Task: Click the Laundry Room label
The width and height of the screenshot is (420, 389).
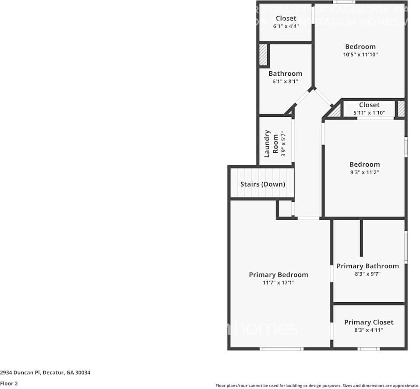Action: point(271,144)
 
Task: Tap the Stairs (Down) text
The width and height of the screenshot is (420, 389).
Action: point(262,184)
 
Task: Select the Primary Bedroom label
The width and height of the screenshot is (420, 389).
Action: point(278,275)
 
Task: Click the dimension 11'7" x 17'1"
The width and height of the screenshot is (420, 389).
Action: point(278,283)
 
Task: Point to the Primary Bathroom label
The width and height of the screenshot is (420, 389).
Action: point(367,266)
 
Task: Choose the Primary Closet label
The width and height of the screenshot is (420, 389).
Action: point(368,322)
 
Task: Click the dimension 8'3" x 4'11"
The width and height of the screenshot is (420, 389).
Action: point(368,330)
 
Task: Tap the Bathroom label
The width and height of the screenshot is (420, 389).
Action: point(285,74)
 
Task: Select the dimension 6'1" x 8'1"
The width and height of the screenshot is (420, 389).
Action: point(285,81)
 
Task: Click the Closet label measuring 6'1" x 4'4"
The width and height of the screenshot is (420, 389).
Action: point(286,18)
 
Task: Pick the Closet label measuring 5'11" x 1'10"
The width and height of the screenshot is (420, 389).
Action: point(369,105)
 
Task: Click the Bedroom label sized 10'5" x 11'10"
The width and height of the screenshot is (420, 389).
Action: point(360,47)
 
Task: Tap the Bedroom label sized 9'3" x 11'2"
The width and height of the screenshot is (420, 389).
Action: point(364,165)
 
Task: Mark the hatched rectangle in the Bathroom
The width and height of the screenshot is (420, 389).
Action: point(263,55)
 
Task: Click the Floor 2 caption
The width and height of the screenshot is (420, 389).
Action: point(9,383)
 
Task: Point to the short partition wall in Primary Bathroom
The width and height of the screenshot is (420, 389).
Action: point(361,238)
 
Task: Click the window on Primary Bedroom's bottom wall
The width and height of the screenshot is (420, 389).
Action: point(281,349)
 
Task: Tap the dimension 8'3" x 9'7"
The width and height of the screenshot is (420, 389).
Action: point(367,274)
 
